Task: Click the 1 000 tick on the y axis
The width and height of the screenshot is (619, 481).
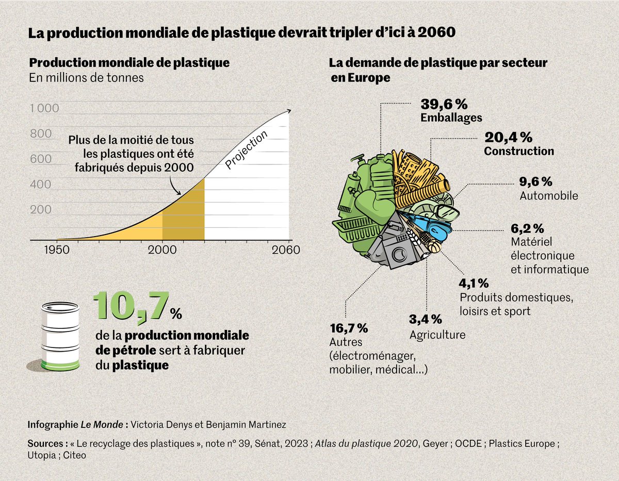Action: (x=44, y=109)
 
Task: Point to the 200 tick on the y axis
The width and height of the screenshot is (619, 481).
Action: (x=41, y=210)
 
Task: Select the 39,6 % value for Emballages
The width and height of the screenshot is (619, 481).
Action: (x=444, y=104)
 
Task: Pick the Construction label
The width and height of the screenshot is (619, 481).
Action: (x=518, y=152)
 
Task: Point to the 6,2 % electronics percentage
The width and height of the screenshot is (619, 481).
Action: (x=527, y=228)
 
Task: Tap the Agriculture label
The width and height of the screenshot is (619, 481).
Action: (x=437, y=335)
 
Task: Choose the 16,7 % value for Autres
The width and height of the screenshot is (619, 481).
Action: (x=348, y=328)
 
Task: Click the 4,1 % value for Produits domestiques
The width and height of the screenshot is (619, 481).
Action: (x=474, y=283)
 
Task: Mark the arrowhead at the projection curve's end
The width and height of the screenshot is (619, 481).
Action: (x=289, y=110)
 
